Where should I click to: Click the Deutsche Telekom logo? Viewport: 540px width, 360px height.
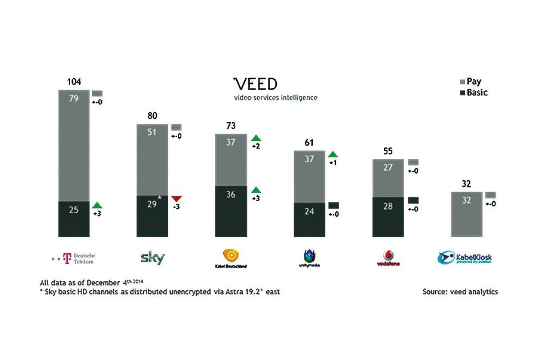click(74, 258)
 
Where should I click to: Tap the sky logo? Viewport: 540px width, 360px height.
click(153, 258)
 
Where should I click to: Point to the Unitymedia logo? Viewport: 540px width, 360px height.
click(309, 259)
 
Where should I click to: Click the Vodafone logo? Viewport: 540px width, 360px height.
click(388, 258)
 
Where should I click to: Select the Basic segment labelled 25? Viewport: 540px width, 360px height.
click(74, 218)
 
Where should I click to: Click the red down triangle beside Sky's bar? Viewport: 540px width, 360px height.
click(176, 198)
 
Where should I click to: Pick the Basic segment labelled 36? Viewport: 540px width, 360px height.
click(231, 211)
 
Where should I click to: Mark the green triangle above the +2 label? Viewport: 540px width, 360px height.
click(256, 137)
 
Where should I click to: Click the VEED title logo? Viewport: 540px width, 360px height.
click(255, 84)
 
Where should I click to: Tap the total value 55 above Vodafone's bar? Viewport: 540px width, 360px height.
click(388, 152)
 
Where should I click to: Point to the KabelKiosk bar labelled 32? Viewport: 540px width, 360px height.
click(467, 214)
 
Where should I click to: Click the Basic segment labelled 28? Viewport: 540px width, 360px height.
click(388, 216)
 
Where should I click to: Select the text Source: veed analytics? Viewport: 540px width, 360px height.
click(460, 292)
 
